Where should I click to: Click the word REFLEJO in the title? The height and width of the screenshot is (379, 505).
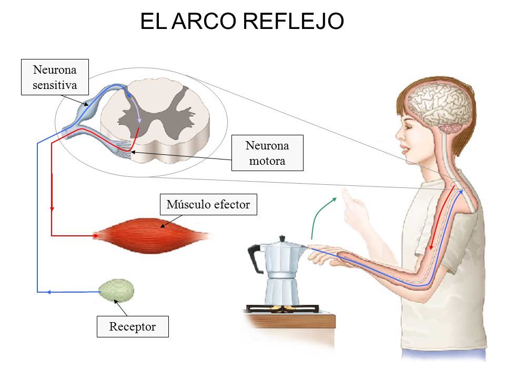click(293, 21)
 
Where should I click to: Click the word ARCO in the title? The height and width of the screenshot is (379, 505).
click(204, 21)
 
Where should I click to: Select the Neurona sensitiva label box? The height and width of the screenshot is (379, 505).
click(55, 77)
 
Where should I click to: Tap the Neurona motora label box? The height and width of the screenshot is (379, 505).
click(267, 153)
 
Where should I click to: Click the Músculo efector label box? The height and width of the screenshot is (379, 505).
click(208, 204)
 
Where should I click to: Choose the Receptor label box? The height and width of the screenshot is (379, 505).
click(133, 326)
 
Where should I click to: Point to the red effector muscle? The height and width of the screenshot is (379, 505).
click(151, 236)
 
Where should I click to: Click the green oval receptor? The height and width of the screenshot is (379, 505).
click(116, 290)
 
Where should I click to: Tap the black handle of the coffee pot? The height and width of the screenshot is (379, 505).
click(255, 258)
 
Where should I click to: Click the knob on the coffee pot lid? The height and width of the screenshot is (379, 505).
click(282, 239)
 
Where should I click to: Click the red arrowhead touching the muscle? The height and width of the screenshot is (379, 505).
click(95, 236)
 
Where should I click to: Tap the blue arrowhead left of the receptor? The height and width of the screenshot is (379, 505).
click(48, 292)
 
